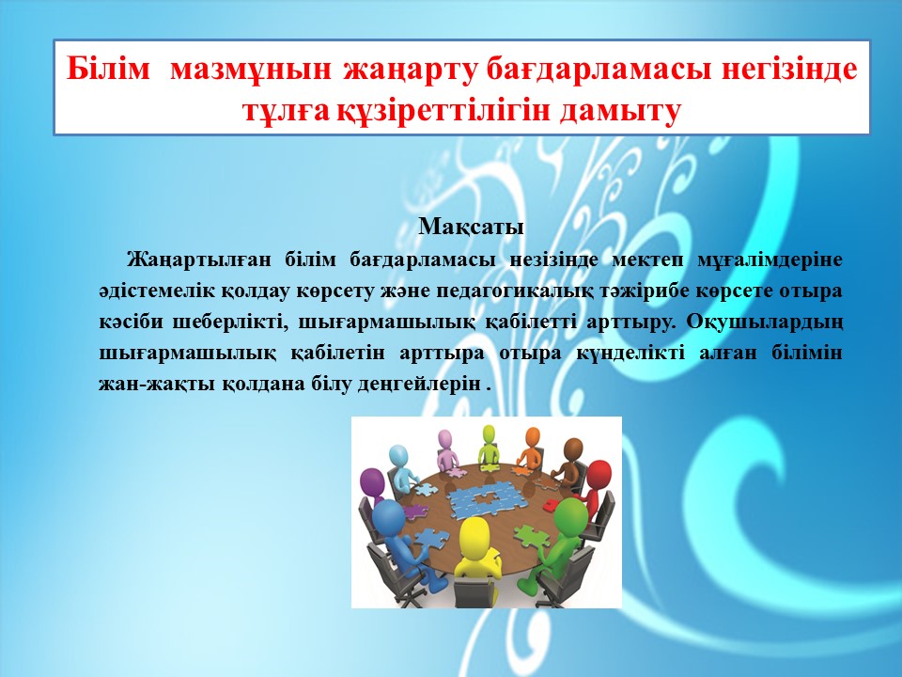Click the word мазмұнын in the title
tap(251, 69)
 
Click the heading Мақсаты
tap(471, 227)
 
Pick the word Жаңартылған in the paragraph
tap(198, 260)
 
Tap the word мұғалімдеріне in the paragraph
tap(770, 260)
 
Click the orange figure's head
tap(533, 437)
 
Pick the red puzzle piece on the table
tap(551, 505)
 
